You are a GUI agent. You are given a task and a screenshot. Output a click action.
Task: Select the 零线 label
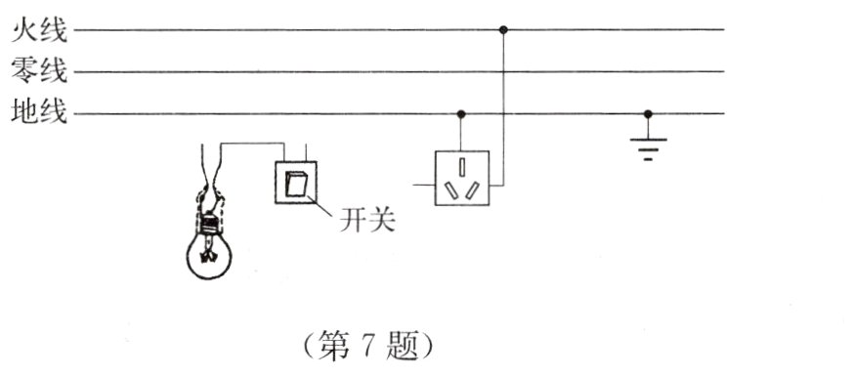[x=38, y=71]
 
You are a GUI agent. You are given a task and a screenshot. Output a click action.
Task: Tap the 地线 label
[x=38, y=113]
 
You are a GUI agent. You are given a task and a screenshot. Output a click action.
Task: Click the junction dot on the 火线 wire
[x=503, y=30]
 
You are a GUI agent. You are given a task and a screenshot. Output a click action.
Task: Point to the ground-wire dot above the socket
[x=461, y=113]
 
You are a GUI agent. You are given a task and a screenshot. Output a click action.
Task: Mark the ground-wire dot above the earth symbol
[x=647, y=113]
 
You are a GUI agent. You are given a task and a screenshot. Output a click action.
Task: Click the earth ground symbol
[x=647, y=147]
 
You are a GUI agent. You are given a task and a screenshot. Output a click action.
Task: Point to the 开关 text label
[x=366, y=222]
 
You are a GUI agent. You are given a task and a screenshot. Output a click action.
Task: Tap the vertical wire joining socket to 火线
[x=503, y=107]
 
